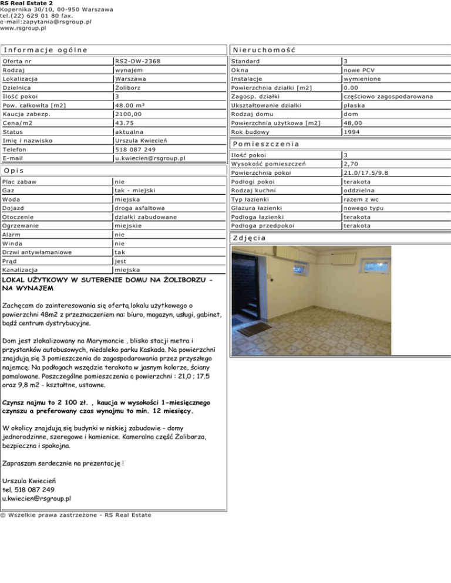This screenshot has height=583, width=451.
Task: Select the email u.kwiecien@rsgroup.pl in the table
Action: (x=150, y=158)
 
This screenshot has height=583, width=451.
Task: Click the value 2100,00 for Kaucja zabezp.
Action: (x=129, y=114)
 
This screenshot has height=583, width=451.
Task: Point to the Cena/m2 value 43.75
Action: (x=126, y=123)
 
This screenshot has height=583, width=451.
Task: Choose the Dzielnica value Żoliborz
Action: (x=130, y=87)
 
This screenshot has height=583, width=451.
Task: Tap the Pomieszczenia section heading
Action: (x=266, y=144)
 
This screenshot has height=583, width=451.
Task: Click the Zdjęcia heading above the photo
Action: (x=249, y=238)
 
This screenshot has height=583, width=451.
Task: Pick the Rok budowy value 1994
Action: (x=354, y=132)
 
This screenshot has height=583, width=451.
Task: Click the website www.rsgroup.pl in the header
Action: (x=23, y=28)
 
